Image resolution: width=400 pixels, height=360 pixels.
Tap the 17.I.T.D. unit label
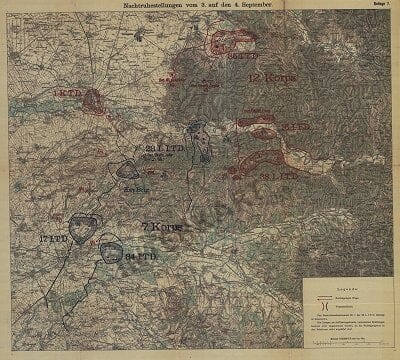pyautogui.click(x=53, y=240)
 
